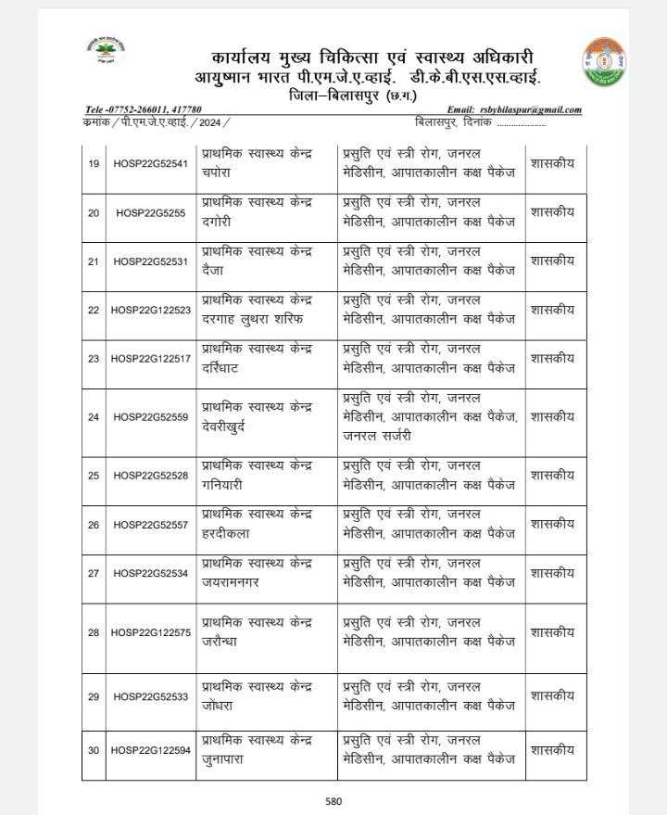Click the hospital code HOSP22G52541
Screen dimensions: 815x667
coord(150,165)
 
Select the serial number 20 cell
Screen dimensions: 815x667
coord(94,213)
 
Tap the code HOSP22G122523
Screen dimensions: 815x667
coord(150,310)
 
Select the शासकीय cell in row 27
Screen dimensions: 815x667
coord(553,572)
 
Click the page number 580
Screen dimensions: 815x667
coord(333,801)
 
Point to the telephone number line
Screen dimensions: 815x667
coord(144,109)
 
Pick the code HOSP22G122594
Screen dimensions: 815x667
coord(150,750)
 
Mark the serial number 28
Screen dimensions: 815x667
coord(94,632)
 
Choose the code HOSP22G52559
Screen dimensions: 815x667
coord(150,417)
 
